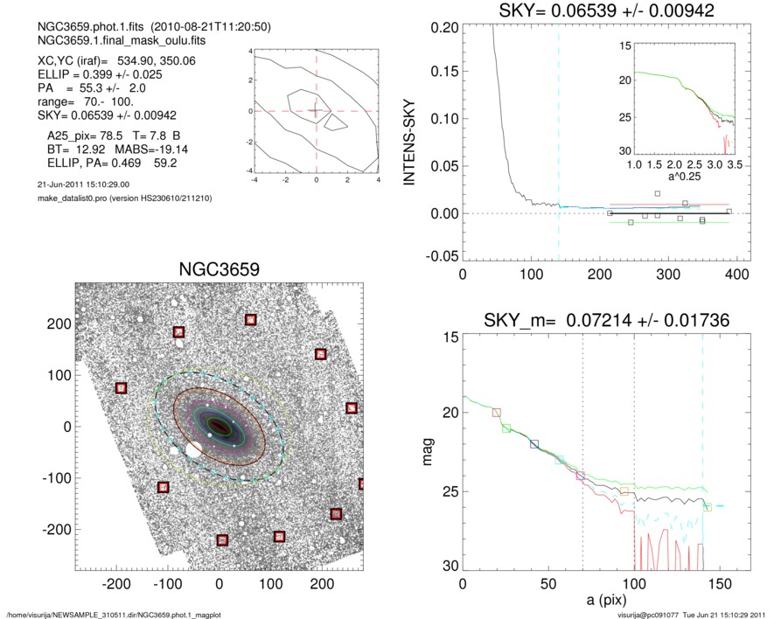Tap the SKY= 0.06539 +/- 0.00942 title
click(595, 10)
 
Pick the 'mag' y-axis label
click(429, 451)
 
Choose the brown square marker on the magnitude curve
click(497, 412)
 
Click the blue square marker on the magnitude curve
click(534, 444)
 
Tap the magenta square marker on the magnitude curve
click(580, 476)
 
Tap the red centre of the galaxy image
click(219, 426)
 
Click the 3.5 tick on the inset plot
click(735, 163)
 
